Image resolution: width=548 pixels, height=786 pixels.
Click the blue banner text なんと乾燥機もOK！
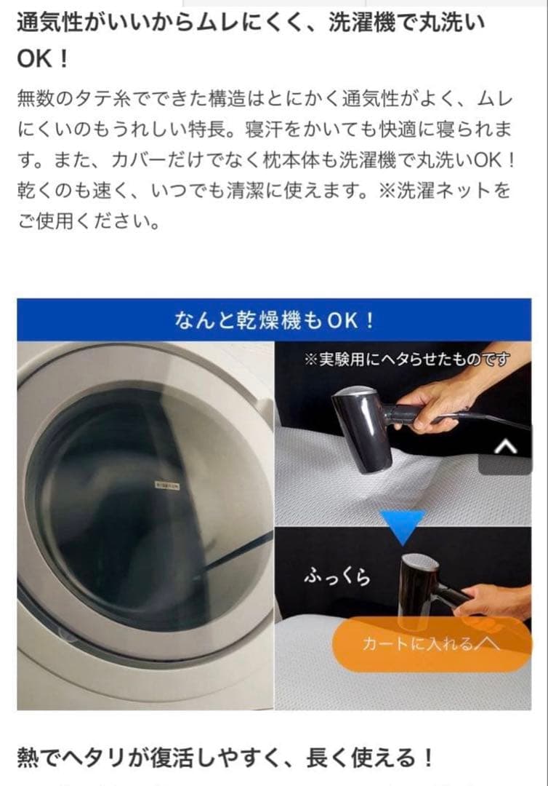(x=274, y=320)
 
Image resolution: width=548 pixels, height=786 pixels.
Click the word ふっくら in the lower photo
(x=337, y=576)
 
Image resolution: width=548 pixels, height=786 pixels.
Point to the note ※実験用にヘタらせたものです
(x=406, y=360)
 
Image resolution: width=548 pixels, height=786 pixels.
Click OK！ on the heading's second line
(x=42, y=59)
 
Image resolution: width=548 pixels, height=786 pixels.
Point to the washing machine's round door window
(x=145, y=495)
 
